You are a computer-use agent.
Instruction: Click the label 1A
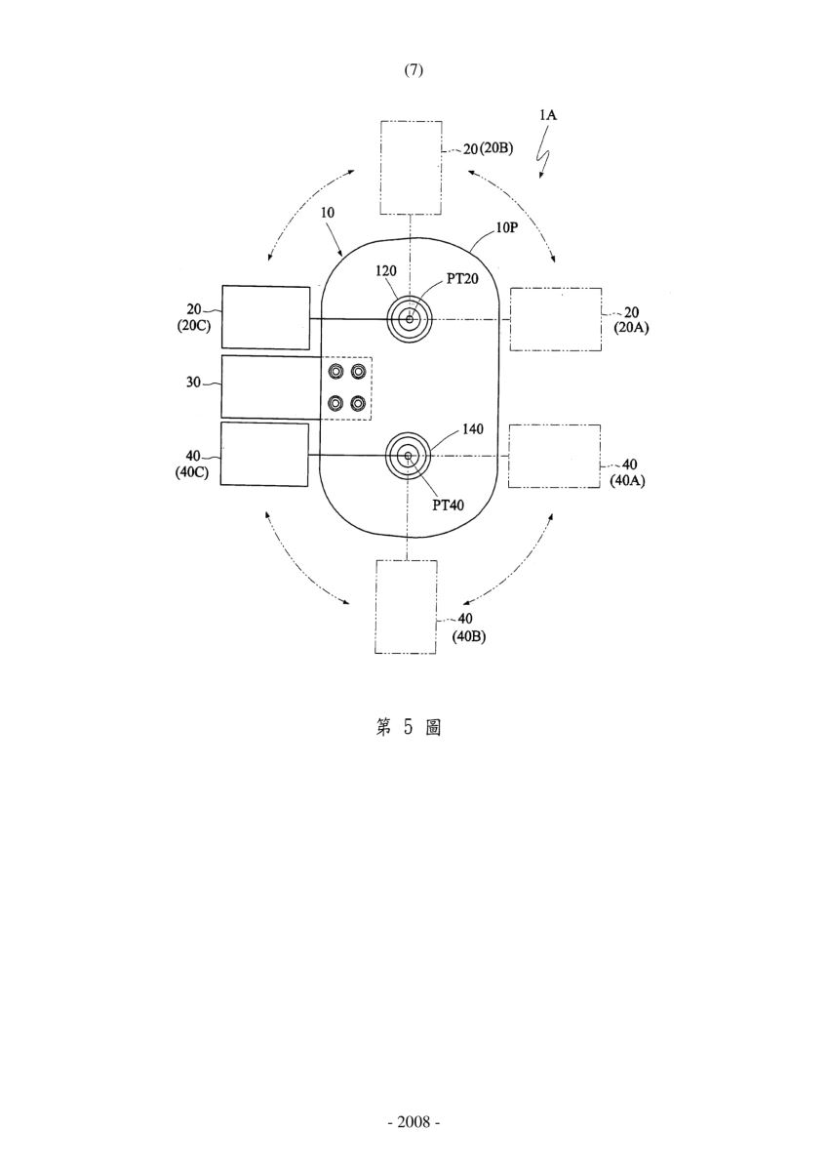click(x=548, y=114)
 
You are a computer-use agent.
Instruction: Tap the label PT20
click(x=462, y=279)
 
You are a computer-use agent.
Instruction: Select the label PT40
click(x=449, y=505)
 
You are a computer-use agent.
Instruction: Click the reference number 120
click(x=386, y=271)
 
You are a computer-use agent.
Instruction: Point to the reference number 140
click(x=473, y=429)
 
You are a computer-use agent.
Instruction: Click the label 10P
click(x=506, y=228)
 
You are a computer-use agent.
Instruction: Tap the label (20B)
click(x=496, y=148)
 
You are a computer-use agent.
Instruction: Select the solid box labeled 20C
click(x=266, y=317)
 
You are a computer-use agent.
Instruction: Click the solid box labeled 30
click(x=270, y=387)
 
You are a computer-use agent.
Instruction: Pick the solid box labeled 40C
click(x=264, y=454)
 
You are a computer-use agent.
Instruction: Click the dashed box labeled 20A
click(x=556, y=319)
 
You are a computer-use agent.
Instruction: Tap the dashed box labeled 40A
click(x=554, y=457)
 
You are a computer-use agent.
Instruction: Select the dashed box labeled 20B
click(x=412, y=167)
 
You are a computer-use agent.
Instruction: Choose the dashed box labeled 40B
click(x=406, y=606)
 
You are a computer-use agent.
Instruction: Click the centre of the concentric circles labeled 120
click(x=410, y=319)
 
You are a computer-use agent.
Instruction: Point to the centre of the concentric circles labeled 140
click(x=408, y=457)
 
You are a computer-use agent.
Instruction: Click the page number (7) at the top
click(x=414, y=70)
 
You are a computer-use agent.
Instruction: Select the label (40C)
click(x=192, y=472)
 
